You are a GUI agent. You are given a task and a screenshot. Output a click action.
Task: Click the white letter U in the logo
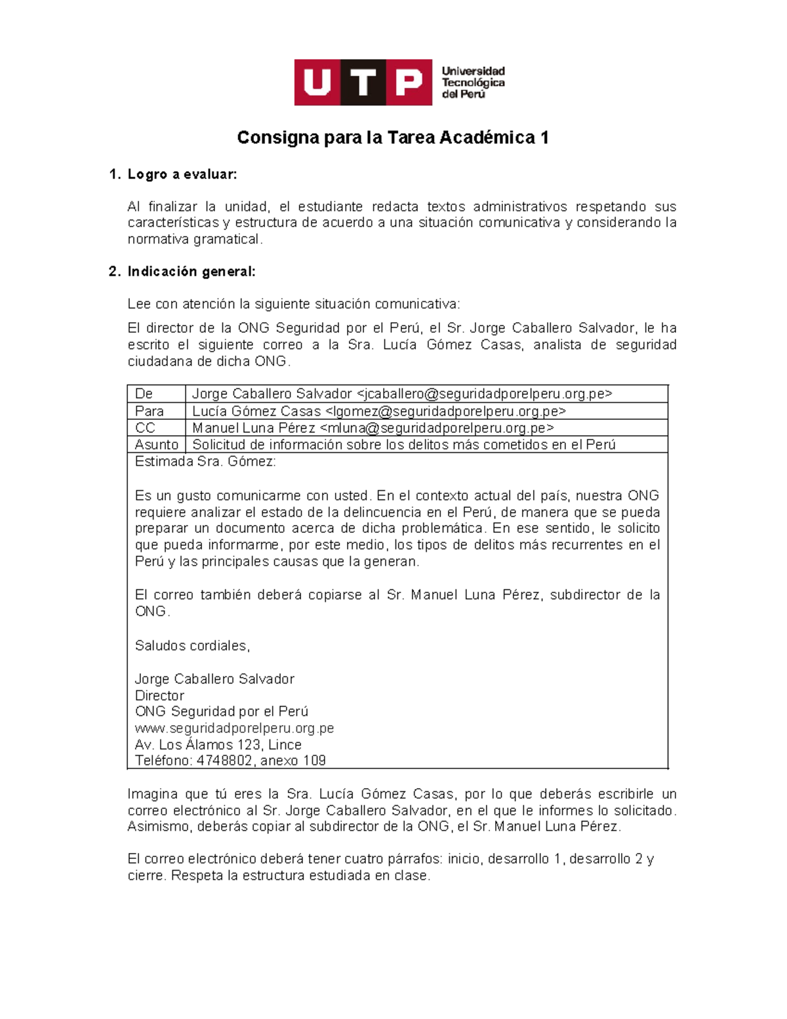[x=317, y=83]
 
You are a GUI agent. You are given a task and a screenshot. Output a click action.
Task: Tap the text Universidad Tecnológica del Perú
[x=472, y=83]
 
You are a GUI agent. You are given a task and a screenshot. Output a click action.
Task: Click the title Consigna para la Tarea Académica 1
[x=392, y=138]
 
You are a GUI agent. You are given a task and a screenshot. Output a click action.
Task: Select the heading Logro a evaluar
[x=182, y=175]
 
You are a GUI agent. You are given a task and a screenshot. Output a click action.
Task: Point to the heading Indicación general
[x=191, y=272]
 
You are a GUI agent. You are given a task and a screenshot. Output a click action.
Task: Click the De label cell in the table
[x=144, y=394]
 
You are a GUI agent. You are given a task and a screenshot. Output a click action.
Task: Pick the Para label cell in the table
[x=150, y=411]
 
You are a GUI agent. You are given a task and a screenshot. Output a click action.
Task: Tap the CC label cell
[x=145, y=428]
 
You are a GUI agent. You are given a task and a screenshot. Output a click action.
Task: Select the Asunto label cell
[x=156, y=445]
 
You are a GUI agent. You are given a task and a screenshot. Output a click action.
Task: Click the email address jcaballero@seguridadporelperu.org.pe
[x=485, y=394]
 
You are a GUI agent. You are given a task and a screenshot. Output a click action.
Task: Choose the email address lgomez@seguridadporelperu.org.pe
[x=445, y=411]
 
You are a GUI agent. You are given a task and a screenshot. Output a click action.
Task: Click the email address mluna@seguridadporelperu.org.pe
[x=437, y=428]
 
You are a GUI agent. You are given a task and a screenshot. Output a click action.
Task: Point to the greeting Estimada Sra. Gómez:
[x=205, y=462]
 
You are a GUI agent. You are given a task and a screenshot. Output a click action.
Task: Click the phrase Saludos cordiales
[x=192, y=646]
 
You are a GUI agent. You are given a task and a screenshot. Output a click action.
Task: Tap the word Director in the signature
[x=159, y=696]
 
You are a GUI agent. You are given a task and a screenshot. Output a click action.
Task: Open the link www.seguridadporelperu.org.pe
[x=234, y=728]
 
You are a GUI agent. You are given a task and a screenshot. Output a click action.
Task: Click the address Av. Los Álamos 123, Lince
[x=218, y=745]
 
